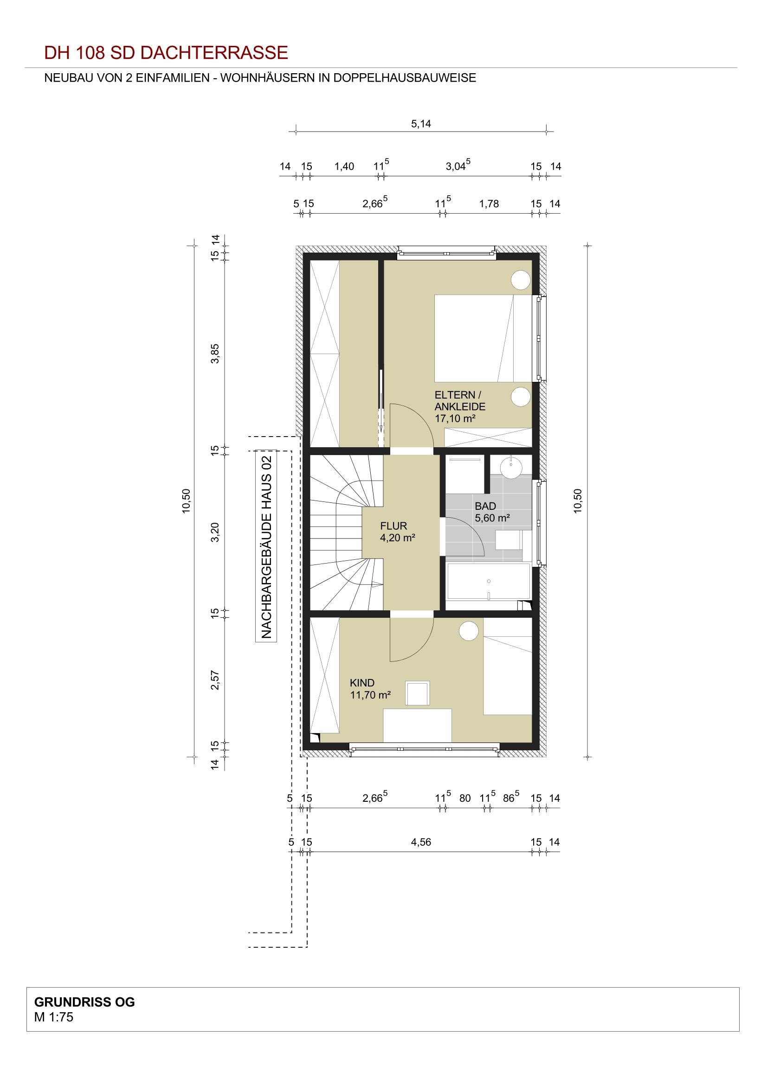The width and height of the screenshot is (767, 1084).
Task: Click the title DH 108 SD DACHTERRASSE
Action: click(x=166, y=52)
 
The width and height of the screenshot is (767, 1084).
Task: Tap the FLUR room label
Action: click(x=393, y=526)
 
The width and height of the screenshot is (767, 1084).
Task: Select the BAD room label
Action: click(x=485, y=506)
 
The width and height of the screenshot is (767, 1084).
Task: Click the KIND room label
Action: click(x=362, y=683)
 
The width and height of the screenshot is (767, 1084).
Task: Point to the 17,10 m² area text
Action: click(x=455, y=418)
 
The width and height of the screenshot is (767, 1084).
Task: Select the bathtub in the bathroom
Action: click(x=489, y=586)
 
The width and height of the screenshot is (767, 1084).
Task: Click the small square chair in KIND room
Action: click(x=418, y=694)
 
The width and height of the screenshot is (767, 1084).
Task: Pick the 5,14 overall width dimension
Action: click(x=421, y=124)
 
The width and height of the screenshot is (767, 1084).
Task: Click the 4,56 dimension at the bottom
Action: click(x=421, y=842)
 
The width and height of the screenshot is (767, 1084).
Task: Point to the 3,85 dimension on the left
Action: click(x=215, y=353)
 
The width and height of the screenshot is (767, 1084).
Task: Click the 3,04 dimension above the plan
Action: click(x=458, y=166)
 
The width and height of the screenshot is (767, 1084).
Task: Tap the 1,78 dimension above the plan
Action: click(x=489, y=204)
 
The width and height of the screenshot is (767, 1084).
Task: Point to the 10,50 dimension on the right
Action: click(x=578, y=501)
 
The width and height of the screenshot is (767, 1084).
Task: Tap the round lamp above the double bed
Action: click(x=521, y=280)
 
